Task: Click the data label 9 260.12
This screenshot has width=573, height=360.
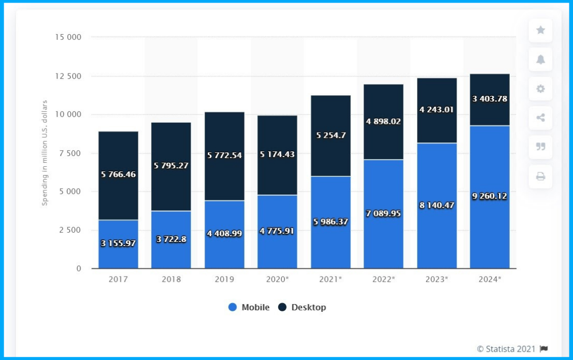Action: tap(490, 196)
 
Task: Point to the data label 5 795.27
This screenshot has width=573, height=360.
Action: tap(171, 166)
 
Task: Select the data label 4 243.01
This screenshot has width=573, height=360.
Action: tap(437, 109)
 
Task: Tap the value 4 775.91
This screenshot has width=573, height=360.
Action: tap(277, 231)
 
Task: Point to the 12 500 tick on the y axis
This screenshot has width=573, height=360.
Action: tap(68, 76)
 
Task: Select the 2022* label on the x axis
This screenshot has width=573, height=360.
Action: tap(383, 279)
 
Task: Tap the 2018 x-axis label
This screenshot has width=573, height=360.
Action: tap(171, 279)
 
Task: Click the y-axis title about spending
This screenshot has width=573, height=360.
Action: tap(45, 153)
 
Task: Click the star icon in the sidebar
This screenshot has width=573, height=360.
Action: tap(540, 31)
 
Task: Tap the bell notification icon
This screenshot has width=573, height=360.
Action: tap(540, 60)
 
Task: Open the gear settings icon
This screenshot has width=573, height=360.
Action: tap(540, 89)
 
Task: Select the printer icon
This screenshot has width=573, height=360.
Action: tap(540, 177)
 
